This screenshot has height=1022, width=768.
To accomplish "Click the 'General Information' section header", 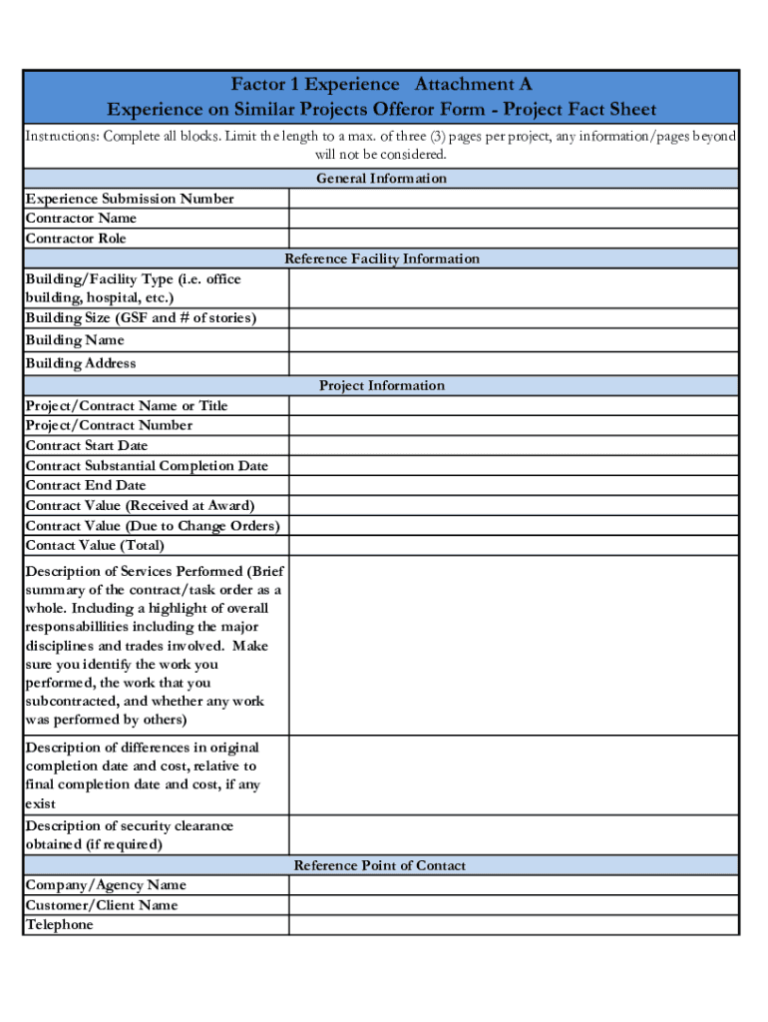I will tap(381, 178).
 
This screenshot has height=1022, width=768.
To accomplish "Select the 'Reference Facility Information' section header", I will tap(381, 258).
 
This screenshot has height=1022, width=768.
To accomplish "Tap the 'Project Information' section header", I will tap(381, 385).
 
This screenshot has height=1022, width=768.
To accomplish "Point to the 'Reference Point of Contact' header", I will tap(379, 865).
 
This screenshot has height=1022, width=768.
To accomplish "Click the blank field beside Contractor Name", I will tap(514, 218).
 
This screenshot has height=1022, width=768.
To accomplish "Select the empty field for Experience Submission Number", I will tap(514, 198).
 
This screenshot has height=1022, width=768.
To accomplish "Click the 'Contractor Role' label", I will tap(76, 239).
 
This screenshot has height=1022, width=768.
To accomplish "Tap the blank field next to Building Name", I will tap(514, 339).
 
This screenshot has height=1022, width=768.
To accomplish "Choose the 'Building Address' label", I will tap(81, 363).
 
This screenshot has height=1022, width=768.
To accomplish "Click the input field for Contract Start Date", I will tap(514, 445).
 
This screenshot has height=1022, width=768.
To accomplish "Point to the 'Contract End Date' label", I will tap(86, 485).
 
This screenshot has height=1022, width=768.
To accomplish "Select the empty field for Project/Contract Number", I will tap(514, 425).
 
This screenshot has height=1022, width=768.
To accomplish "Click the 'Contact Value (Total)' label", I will tap(95, 545).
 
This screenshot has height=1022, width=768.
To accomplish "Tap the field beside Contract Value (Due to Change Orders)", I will tap(514, 525).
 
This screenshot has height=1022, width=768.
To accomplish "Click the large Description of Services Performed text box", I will tap(514, 645).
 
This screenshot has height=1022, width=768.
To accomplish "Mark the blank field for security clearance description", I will tap(514, 835).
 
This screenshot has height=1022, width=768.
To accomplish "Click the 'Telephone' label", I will tap(59, 924).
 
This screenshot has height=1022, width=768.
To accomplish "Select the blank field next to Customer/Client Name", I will tap(514, 904).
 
